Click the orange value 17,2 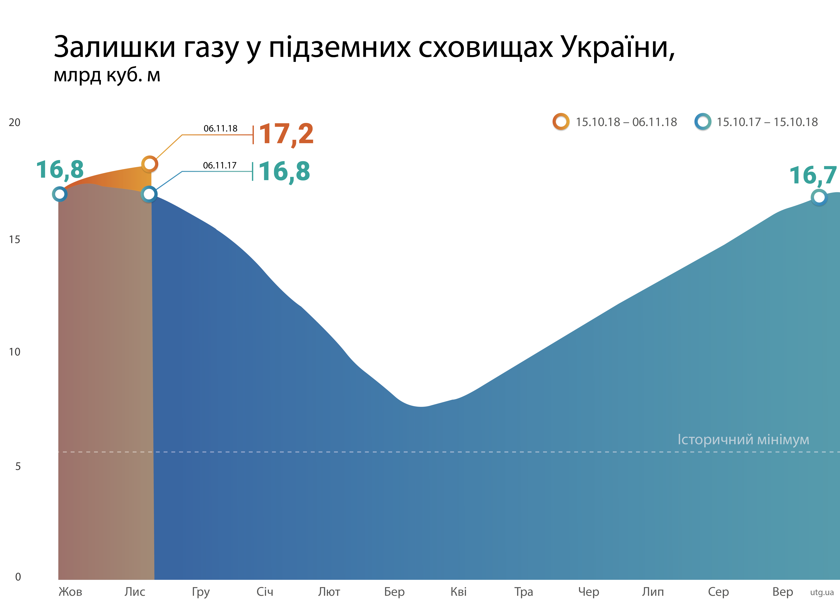(286, 134)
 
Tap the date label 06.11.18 (220, 128)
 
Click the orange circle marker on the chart (150, 164)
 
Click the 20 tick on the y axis (14, 123)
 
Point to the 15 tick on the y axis (14, 240)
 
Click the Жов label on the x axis (70, 592)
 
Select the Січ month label (265, 592)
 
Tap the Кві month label (459, 592)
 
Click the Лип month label (653, 592)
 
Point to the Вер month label (783, 592)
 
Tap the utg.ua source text (822, 592)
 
